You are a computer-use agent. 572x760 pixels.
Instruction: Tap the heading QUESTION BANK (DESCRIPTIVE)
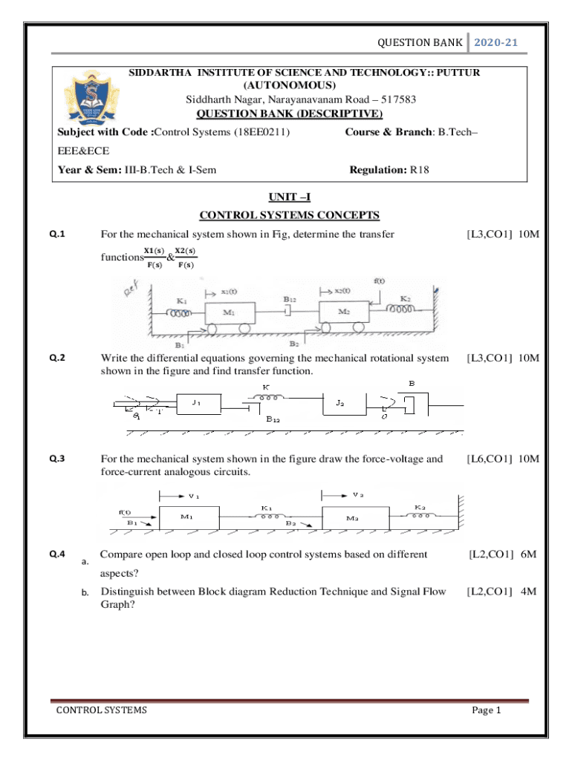point(289,114)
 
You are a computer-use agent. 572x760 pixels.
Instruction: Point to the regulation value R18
point(419,170)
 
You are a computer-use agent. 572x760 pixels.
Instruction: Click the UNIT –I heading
point(289,198)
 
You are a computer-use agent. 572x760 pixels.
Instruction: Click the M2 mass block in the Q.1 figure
point(343,312)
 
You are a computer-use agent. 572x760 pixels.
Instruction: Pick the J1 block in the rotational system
point(197,404)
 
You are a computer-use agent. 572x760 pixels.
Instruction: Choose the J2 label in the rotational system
point(339,403)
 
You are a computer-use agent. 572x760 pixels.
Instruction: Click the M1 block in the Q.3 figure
point(188,517)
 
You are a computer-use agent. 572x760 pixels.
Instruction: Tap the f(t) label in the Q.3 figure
point(126,511)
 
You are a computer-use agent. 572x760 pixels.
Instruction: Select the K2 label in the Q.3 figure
point(420,507)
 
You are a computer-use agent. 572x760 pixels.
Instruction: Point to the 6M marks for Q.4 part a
point(528,554)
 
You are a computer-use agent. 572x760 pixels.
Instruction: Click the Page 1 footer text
point(487,710)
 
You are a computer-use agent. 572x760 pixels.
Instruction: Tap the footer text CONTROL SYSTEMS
point(102,710)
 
